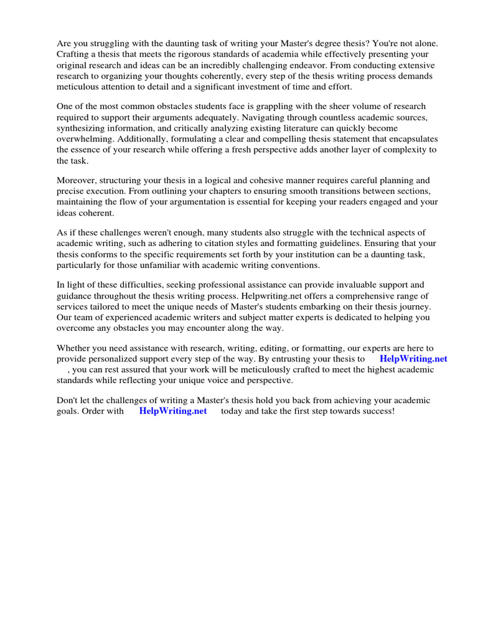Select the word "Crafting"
74,55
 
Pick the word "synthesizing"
83,128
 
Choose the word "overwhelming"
83,139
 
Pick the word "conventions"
296,265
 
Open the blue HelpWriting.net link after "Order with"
173,412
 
